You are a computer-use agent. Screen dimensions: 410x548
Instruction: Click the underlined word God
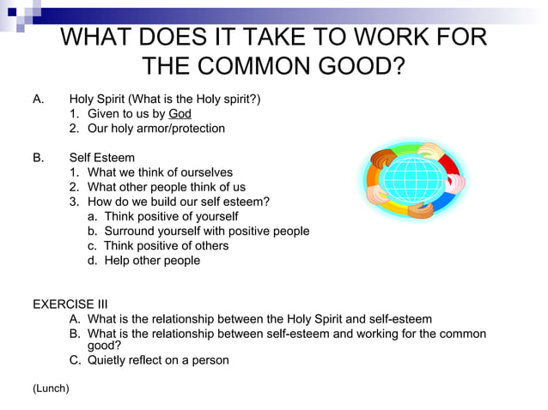click(180, 113)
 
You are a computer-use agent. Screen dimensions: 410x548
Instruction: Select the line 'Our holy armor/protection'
click(155, 129)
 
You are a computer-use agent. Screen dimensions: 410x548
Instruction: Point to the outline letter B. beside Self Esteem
click(39, 158)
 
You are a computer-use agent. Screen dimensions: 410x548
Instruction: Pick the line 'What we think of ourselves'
click(160, 172)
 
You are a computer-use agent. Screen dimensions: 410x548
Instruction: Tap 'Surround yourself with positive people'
click(206, 231)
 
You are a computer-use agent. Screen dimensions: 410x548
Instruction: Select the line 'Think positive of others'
click(166, 245)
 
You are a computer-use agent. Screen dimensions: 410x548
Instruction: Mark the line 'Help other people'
click(151, 260)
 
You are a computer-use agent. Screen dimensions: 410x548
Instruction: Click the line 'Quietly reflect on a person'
click(158, 360)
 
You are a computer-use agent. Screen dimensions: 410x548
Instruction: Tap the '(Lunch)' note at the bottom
click(51, 389)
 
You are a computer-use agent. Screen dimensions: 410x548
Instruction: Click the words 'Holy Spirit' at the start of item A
click(96, 99)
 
